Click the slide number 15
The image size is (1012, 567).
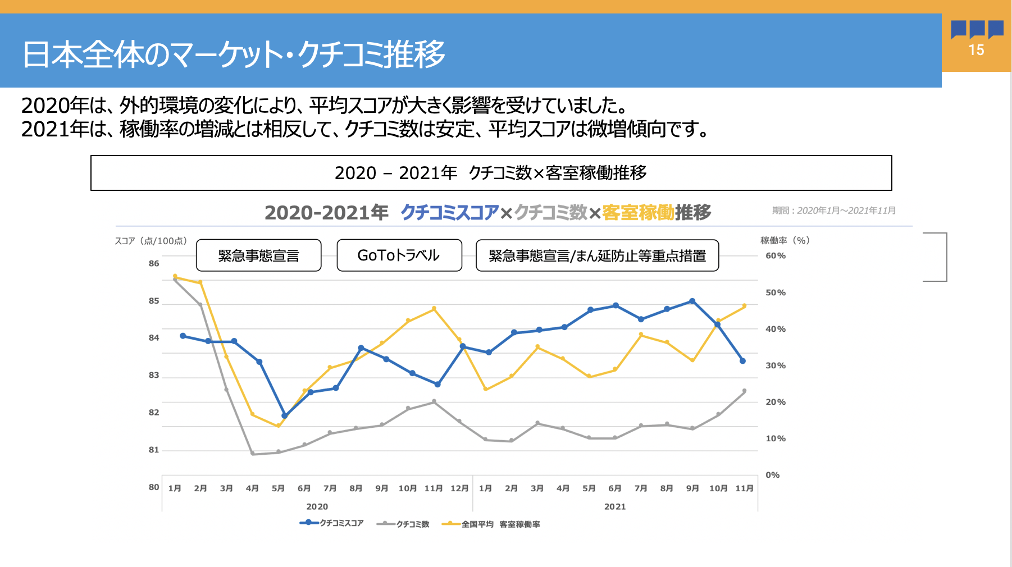click(976, 50)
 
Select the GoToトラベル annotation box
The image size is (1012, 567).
click(399, 255)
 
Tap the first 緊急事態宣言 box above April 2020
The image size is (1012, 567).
click(258, 255)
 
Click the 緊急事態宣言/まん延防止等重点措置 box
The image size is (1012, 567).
click(597, 255)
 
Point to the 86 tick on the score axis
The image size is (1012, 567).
click(154, 263)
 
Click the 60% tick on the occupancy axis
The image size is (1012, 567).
click(776, 255)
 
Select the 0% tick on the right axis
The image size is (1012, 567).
click(773, 475)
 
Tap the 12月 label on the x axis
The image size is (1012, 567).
click(459, 488)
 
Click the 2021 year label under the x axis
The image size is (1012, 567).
click(615, 506)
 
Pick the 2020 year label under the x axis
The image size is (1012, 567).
click(317, 506)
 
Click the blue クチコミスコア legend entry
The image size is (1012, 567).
click(332, 523)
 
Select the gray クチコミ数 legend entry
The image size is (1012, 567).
click(404, 524)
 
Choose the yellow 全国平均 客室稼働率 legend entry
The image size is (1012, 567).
click(491, 524)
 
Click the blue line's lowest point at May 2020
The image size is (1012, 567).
click(284, 416)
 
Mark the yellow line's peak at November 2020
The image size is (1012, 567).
click(434, 309)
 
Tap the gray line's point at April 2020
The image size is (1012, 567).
click(253, 454)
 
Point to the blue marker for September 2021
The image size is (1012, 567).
click(692, 301)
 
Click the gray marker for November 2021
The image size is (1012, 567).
click(744, 391)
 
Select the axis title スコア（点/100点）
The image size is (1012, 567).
click(151, 241)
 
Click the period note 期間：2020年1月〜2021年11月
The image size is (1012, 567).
click(834, 211)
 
